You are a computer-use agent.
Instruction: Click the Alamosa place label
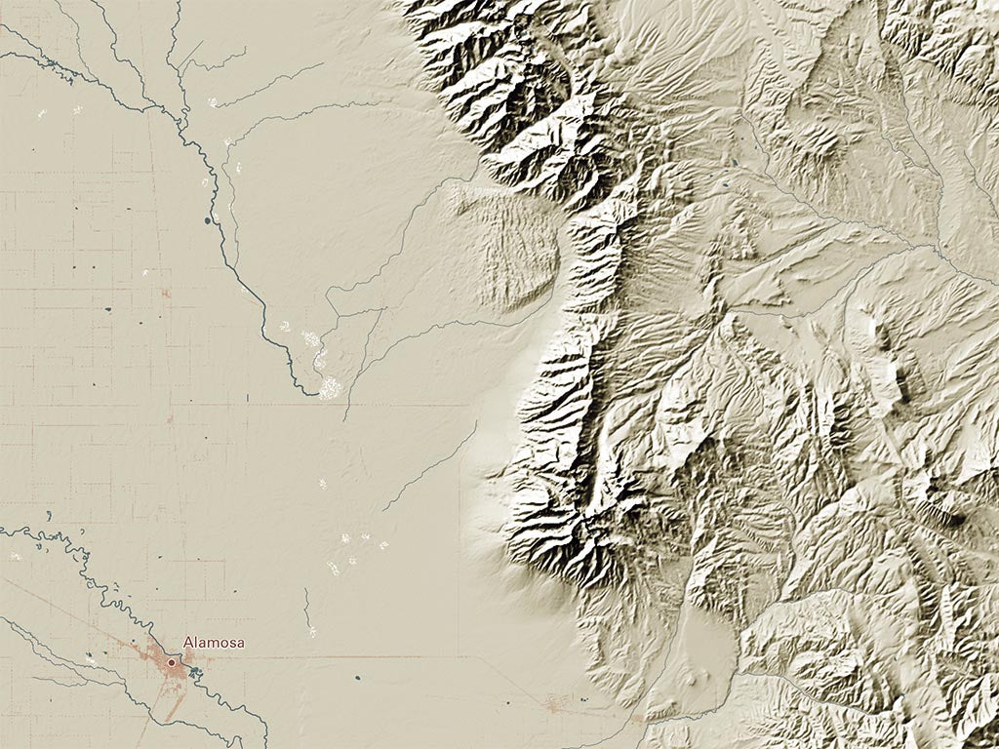point(214,643)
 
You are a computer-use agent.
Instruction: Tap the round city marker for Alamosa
point(172,662)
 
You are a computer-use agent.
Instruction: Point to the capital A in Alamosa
point(187,643)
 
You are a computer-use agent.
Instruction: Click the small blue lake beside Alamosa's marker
point(194,671)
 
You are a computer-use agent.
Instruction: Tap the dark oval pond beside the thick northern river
point(208,221)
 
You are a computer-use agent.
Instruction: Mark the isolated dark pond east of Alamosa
point(358,677)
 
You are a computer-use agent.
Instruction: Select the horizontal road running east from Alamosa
point(390,656)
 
